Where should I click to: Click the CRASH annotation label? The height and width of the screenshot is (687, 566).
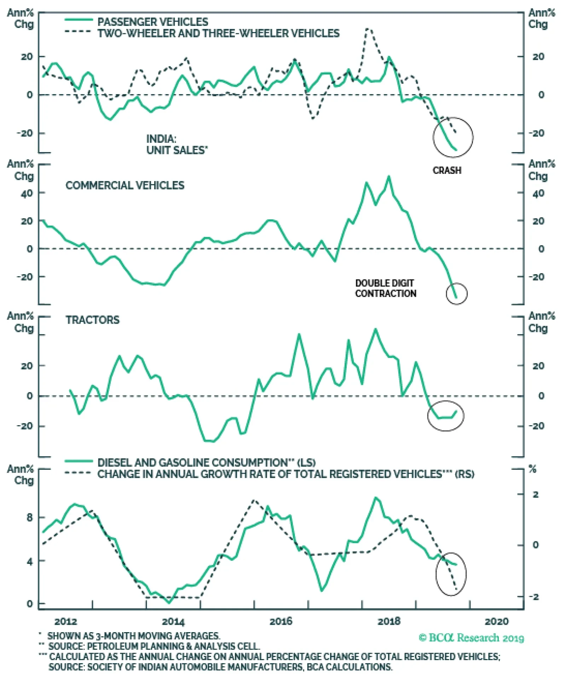pos(447,171)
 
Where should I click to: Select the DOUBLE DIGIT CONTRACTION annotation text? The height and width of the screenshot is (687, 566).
pos(385,288)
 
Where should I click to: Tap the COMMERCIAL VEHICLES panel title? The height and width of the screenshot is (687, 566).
pos(125,185)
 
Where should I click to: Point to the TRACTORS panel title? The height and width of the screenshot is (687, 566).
pos(92,320)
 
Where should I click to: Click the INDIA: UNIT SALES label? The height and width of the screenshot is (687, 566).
pos(177,144)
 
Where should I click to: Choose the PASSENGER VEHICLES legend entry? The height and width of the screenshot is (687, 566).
pos(152,22)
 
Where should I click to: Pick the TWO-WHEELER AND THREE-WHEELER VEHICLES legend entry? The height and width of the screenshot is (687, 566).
pos(218,34)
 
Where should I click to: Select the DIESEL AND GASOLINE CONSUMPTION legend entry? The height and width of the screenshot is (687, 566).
pos(206,463)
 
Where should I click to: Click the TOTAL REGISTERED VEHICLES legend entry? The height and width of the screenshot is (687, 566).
pos(285,474)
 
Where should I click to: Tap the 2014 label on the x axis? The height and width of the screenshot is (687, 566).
pos(173,622)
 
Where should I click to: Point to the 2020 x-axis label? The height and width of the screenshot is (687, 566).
pos(496,622)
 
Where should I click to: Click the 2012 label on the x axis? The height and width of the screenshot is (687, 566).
pos(65,622)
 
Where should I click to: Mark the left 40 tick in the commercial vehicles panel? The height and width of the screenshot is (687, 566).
pos(27,193)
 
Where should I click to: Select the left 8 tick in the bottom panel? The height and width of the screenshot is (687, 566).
pos(29,518)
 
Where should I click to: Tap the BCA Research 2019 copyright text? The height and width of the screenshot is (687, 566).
pos(471,638)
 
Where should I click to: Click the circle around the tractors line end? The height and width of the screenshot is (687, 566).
pos(445,416)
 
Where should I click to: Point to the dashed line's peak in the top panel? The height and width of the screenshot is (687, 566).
pos(368,29)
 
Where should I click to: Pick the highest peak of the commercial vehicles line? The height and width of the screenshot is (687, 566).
pos(389,177)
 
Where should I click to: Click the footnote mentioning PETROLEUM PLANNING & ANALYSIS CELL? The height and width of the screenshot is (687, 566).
pos(154,646)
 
